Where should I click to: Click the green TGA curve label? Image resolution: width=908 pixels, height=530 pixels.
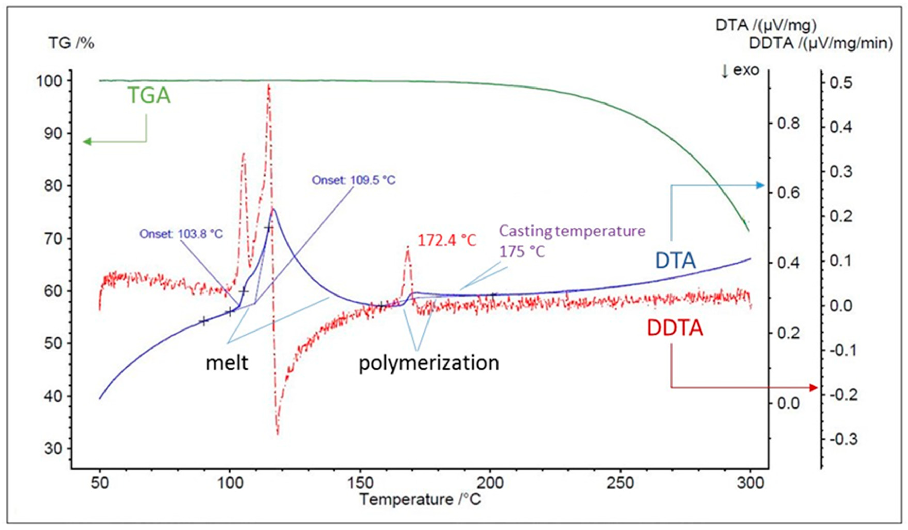coord(149,96)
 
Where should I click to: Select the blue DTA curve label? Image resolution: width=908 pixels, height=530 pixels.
coord(675,261)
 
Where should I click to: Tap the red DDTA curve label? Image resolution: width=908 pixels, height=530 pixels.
coord(675,329)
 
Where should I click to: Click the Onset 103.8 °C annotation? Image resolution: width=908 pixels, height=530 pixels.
coord(181,234)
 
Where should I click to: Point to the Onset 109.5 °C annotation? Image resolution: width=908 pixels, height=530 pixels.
coord(353,180)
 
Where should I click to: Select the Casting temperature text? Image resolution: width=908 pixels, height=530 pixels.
coord(572,231)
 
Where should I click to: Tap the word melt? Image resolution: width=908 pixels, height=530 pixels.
coord(227,363)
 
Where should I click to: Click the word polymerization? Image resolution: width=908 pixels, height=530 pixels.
coord(429,363)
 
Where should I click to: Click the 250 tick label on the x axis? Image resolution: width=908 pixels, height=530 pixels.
coord(621,483)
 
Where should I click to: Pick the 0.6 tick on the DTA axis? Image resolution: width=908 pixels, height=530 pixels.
coord(788,193)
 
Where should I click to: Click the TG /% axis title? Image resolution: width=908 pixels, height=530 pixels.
coord(71,44)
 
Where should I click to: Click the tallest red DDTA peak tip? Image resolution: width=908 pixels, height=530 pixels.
coord(268,85)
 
